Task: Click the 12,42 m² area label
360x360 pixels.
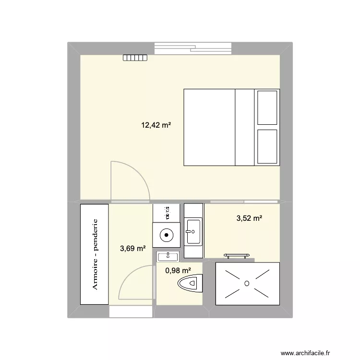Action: pyautogui.click(x=156, y=125)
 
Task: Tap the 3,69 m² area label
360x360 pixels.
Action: pyautogui.click(x=133, y=248)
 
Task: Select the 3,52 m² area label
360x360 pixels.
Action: pyautogui.click(x=249, y=219)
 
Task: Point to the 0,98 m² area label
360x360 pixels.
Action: pyautogui.click(x=178, y=271)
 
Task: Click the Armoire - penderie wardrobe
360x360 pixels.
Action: pyautogui.click(x=95, y=254)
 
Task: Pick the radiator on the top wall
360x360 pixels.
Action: pyautogui.click(x=135, y=58)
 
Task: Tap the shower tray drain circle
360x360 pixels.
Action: pyautogui.click(x=247, y=284)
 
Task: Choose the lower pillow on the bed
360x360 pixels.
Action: pyautogui.click(x=267, y=147)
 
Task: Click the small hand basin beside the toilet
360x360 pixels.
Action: pyautogui.click(x=168, y=256)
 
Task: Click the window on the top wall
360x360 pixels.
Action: pyautogui.click(x=193, y=48)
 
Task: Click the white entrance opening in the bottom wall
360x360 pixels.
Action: pyautogui.click(x=131, y=312)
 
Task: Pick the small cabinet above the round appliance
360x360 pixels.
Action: pyautogui.click(x=166, y=211)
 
